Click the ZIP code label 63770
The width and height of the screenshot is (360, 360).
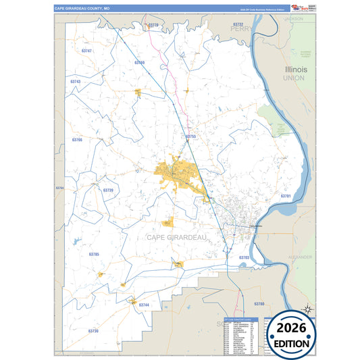pos(154,25)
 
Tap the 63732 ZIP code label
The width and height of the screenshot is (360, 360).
pos(237,24)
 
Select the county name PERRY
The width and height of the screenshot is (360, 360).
pos(240,30)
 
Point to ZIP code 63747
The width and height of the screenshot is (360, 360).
pos(86,51)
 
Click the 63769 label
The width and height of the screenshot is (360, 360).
pos(139,62)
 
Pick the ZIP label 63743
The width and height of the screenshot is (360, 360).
pos(75,81)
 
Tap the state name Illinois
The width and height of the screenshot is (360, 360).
pos(296,70)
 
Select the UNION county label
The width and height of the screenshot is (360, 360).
pos(294,78)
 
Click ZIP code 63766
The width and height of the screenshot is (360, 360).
pos(77,139)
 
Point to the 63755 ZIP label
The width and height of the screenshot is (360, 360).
pos(190,136)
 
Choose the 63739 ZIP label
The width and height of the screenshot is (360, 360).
pos(108,190)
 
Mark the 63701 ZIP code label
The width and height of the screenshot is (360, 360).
pos(285,196)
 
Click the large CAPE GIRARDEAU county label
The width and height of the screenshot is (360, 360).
pos(176,237)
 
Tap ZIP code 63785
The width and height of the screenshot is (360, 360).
pos(94,254)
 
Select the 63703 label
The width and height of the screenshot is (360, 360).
pos(244,257)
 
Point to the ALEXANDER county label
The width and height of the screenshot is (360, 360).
pos(301,257)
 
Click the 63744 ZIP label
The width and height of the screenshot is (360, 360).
pos(144,305)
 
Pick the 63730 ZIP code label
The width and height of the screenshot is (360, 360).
pos(93,331)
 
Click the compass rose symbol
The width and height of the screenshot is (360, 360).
pos(307,309)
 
